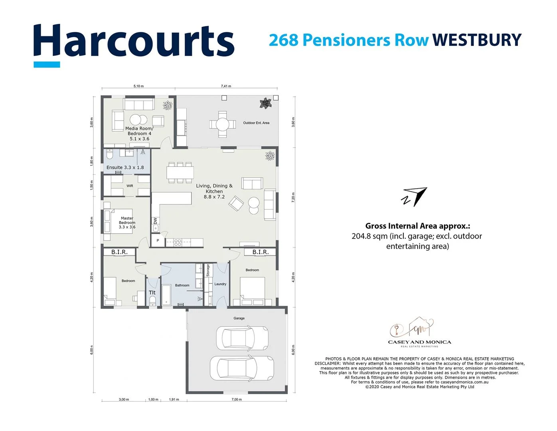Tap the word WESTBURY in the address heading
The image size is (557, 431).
[477, 40]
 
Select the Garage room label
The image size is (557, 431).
[239, 318]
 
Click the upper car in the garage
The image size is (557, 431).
[242, 338]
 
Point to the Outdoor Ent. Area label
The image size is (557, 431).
[256, 123]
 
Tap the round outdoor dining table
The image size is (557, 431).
[223, 124]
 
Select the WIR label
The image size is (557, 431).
[130, 186]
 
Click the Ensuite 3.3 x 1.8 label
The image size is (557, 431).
[125, 168]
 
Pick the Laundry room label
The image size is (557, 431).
[220, 284]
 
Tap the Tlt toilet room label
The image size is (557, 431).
[152, 293]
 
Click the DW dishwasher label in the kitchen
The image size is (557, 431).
[155, 221]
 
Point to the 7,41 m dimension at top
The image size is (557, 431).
[226, 86]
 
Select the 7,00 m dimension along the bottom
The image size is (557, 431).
[237, 399]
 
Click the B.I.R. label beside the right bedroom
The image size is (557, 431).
[260, 252]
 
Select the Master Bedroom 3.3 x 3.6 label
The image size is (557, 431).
[127, 223]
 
